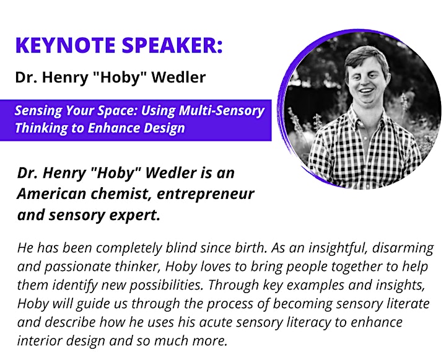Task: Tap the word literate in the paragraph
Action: [x=408, y=304]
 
